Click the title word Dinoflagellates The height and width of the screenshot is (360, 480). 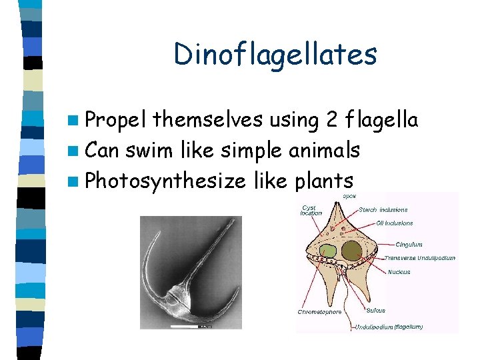pyautogui.click(x=275, y=55)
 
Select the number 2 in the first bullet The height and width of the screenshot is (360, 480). pyautogui.click(x=333, y=121)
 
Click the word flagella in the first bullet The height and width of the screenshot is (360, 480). pyautogui.click(x=383, y=121)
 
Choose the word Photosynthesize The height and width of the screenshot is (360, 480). pyautogui.click(x=166, y=181)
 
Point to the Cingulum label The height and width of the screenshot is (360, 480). pyautogui.click(x=408, y=245)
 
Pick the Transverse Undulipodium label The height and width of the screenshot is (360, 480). pyautogui.click(x=419, y=258)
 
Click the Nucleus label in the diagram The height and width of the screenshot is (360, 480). pyautogui.click(x=399, y=271)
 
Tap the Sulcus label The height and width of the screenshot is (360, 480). pyautogui.click(x=375, y=310)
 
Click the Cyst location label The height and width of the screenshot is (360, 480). pyautogui.click(x=311, y=210)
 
